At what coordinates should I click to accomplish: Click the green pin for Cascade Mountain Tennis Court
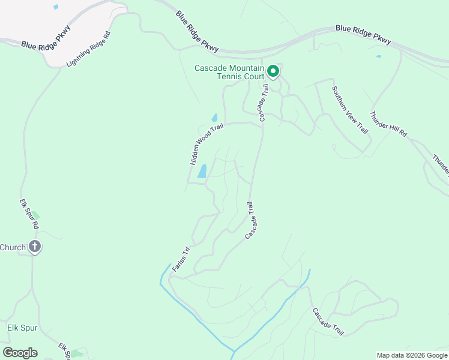(273, 72)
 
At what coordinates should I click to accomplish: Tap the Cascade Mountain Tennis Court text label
(229, 73)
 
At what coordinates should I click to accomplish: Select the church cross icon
(35, 247)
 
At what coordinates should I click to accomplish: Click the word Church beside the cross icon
(13, 247)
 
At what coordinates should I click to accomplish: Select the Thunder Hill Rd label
(389, 125)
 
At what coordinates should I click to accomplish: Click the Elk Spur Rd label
(29, 214)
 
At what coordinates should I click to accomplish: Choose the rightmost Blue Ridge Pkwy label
(364, 34)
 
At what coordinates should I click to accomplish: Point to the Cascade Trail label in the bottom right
(328, 322)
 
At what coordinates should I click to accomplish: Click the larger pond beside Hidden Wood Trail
(202, 172)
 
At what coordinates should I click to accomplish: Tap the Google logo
(20, 353)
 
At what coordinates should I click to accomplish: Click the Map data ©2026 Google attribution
(412, 355)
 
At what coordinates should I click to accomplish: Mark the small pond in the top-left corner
(56, 7)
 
